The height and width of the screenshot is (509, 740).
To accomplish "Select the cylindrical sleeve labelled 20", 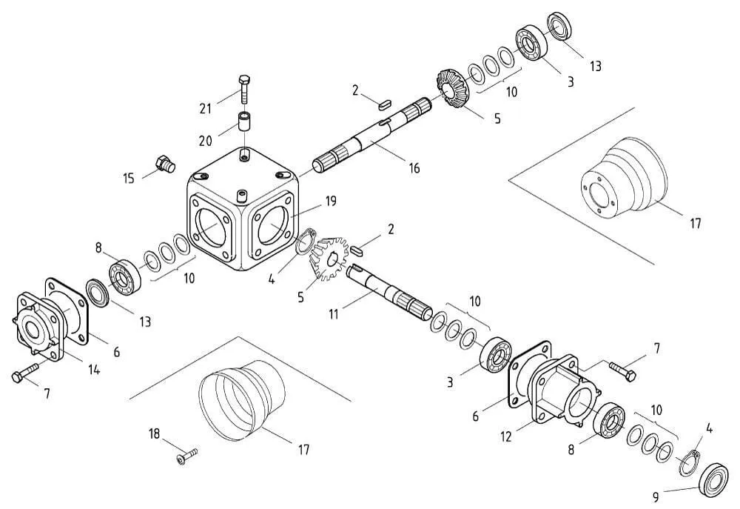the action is pos(244,122).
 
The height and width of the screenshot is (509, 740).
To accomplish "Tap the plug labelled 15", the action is pos(165,164).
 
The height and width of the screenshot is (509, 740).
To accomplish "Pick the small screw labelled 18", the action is pos(187,456).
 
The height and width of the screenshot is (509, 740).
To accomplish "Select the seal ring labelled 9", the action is pos(715,479).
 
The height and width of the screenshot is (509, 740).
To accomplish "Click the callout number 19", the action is pos(331,201).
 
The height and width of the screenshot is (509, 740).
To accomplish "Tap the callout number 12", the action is pos(505,436).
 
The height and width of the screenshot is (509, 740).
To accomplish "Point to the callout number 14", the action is pos(94,370).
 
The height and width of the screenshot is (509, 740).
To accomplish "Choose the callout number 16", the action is pos(414,167).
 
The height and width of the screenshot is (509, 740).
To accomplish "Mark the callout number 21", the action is pos(205,109).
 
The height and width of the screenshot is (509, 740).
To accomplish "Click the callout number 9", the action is pos(656,497).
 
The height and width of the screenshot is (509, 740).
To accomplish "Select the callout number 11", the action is pos(334,314).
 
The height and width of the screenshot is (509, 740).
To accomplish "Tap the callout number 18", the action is pos(155,434).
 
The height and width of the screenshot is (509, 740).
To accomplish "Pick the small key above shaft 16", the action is pos(384,104).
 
